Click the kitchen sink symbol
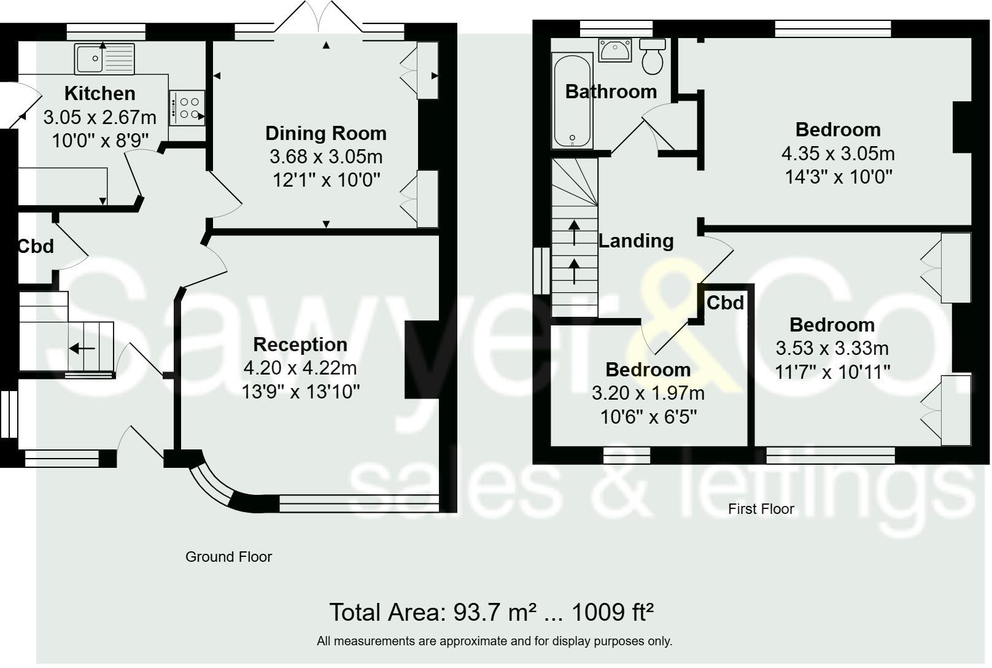point(104,58)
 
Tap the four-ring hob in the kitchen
point(187,108)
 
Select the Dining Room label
point(325,133)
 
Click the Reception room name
point(300,344)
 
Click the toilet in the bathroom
point(653,56)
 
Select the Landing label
point(636,241)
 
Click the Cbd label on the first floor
point(725,303)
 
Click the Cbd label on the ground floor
point(36,246)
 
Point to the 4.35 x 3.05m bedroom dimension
point(838,153)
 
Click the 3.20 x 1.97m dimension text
point(648,393)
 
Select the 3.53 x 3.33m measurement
point(832,348)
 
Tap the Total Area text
point(491,612)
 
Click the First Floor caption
point(761,509)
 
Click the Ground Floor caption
point(228,557)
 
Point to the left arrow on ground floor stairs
point(82,349)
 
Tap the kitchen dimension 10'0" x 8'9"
point(100,141)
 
